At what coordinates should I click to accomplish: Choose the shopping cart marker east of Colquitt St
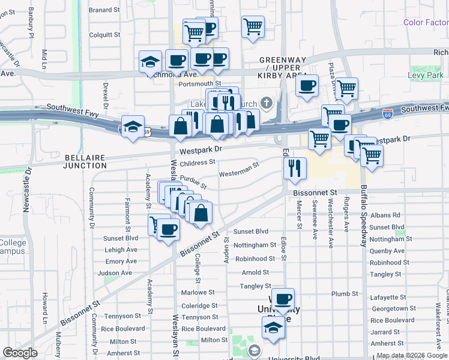click(x=253, y=26)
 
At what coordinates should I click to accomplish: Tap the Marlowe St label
click(x=197, y=293)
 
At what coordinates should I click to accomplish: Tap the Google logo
click(x=20, y=353)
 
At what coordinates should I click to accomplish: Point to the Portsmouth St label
click(x=200, y=84)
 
